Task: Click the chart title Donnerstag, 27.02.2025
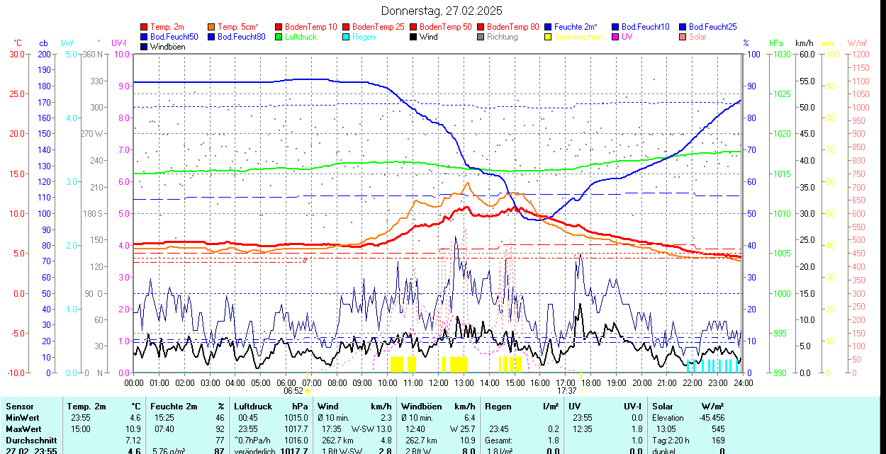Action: click(442, 11)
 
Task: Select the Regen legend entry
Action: click(364, 37)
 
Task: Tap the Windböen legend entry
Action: click(167, 47)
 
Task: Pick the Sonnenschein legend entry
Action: click(578, 37)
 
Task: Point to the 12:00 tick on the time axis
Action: click(439, 382)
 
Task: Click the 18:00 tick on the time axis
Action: click(591, 382)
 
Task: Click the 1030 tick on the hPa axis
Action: click(781, 55)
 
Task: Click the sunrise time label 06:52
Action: click(294, 390)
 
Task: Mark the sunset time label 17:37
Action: click(566, 390)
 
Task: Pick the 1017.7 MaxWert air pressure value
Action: click(295, 429)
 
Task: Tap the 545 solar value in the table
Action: click(718, 429)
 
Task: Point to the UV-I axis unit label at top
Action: click(118, 43)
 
